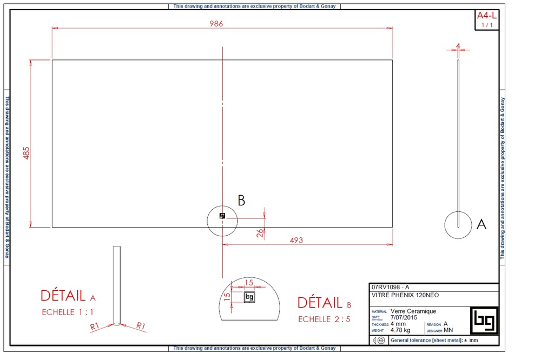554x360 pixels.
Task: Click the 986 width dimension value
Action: point(217,24)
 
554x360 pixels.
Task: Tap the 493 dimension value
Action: point(296,240)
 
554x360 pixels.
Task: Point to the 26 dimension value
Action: point(260,233)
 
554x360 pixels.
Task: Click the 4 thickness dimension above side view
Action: point(458,46)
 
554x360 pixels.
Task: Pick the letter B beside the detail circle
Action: point(241,201)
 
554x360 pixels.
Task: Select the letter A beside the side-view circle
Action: point(481,224)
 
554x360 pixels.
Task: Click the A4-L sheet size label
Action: point(486,16)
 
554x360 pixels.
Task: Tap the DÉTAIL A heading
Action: point(68,296)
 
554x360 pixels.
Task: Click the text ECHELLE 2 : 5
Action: point(324,319)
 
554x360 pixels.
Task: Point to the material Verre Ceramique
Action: point(413,311)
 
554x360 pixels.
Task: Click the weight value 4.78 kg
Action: point(400,330)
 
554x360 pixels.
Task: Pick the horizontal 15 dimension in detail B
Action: point(249,282)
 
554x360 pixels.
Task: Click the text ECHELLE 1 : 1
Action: point(68,312)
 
